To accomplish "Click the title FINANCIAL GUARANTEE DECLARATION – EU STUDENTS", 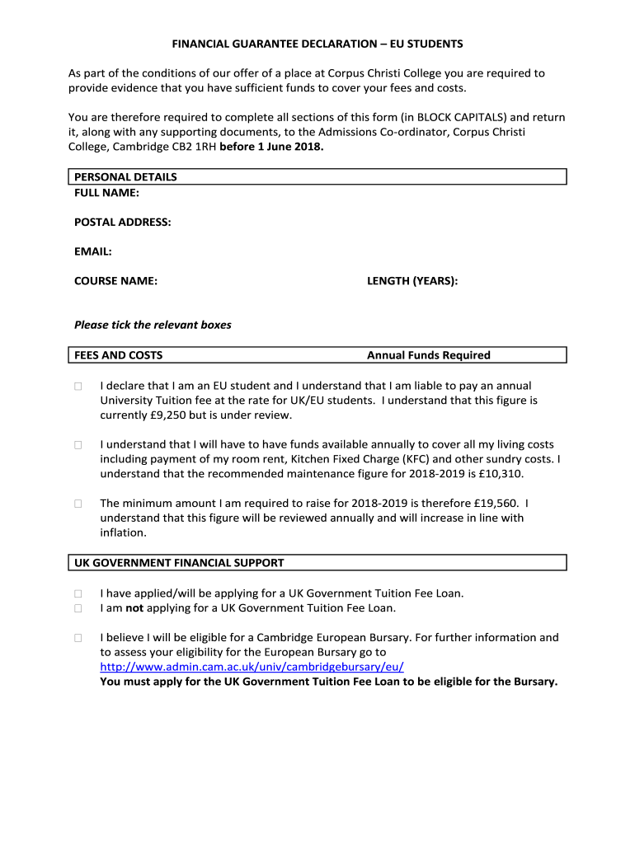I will coord(317,43).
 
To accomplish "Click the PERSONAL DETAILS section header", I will coord(125,177).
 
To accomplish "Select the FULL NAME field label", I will coord(106,192).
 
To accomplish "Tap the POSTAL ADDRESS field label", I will coord(123,223).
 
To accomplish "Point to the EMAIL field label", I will coord(92,251).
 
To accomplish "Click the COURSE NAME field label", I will coord(115,281).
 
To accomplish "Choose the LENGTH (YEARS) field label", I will coord(412,281).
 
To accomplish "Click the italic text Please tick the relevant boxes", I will coord(153,325).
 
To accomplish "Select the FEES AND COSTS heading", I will coord(118,355).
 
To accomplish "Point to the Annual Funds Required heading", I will coord(428,355).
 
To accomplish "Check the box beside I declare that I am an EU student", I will coord(78,386).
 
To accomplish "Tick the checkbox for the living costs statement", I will coord(78,445).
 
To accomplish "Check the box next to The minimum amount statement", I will coord(78,504).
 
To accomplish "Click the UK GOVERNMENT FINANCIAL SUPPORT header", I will coord(179,563).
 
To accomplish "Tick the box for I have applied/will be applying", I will coord(78,593).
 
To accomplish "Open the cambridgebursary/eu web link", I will coord(252,667).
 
